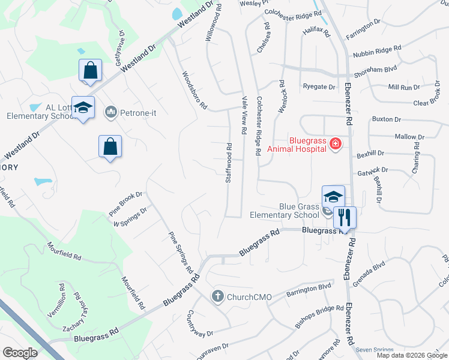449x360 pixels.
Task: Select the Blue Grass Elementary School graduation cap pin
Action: coord(333,196)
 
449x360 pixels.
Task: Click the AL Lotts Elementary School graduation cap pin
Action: coord(83,107)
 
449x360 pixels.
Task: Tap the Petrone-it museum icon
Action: coord(110,112)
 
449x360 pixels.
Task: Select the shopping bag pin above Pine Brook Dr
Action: coord(110,146)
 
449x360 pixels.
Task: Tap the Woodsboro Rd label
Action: coord(194,90)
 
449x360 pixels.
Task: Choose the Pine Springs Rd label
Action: coord(181,253)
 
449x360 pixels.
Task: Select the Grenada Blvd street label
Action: coord(369,274)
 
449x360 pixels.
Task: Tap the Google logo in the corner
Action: coord(20,353)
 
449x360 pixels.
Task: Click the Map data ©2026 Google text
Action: coord(411,355)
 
